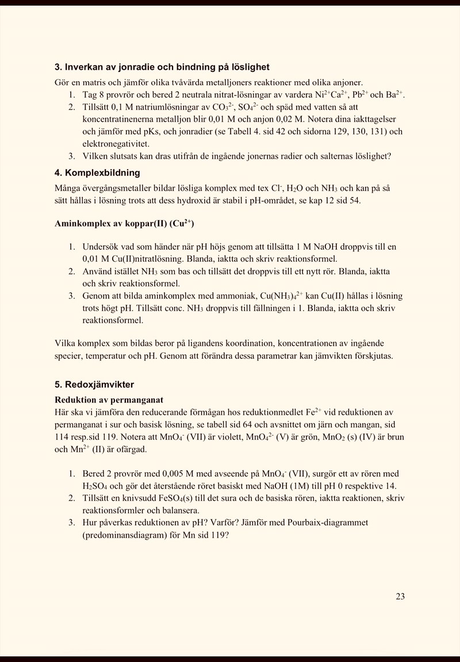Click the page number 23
coord(400,596)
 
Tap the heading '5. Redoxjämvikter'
coord(94,384)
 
